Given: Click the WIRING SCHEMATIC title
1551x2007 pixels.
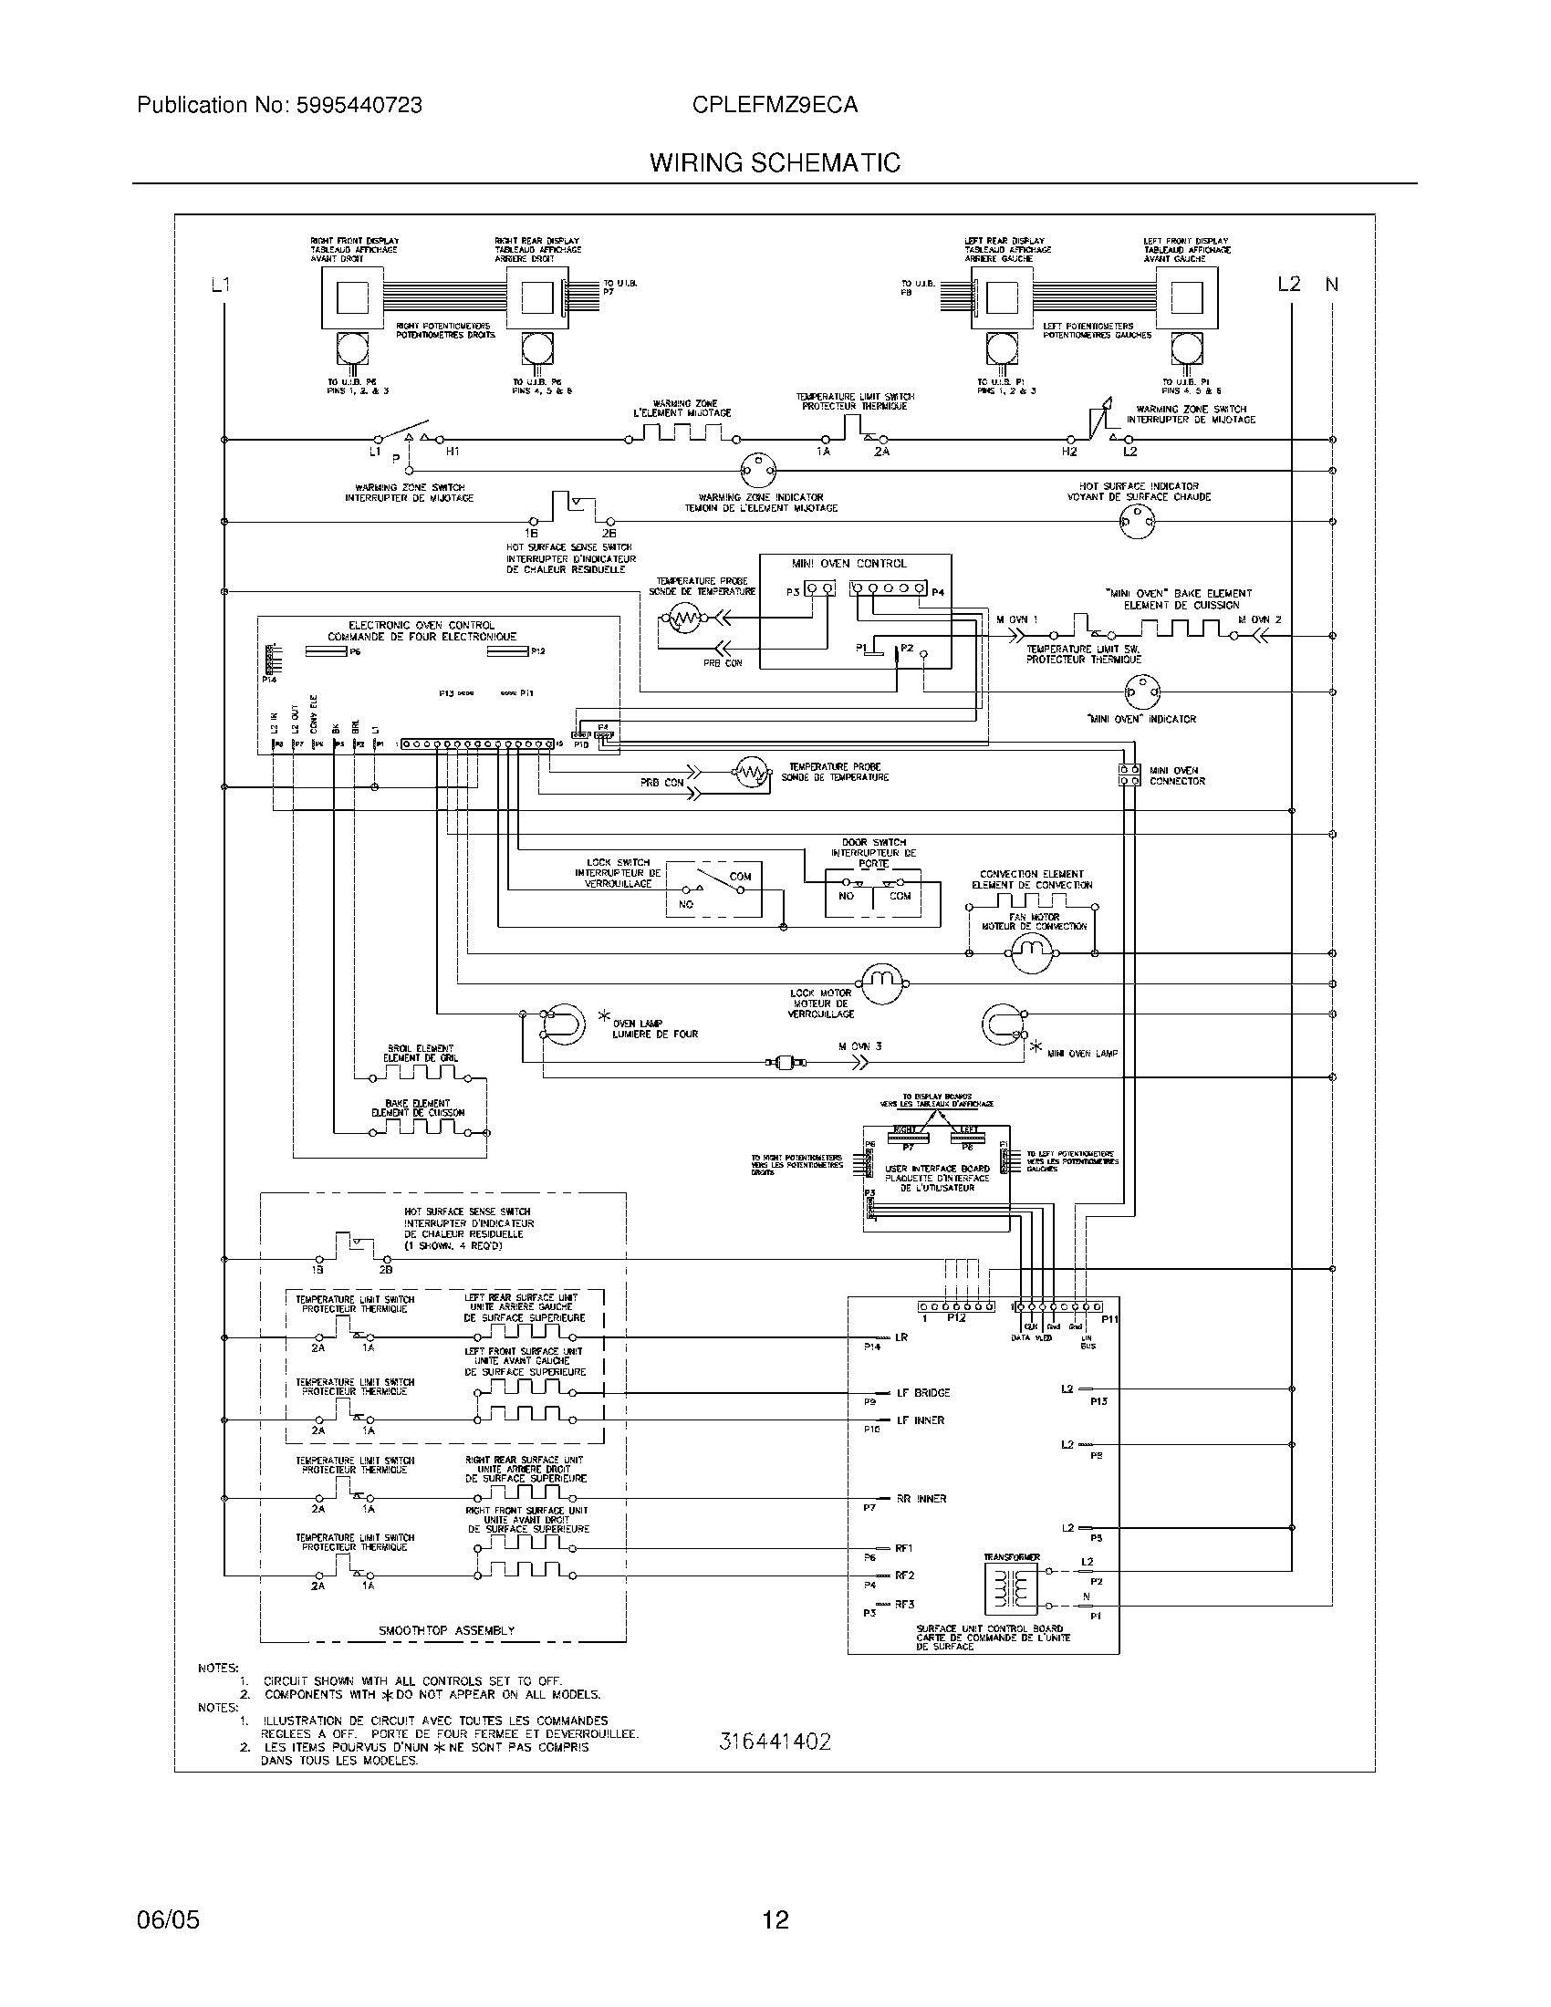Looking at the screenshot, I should [775, 162].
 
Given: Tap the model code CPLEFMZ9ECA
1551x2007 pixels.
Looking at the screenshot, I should [775, 105].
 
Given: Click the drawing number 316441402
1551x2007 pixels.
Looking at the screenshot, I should [775, 1742].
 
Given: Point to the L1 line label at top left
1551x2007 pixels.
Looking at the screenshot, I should [220, 285].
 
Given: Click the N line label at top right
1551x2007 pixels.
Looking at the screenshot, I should [1331, 285].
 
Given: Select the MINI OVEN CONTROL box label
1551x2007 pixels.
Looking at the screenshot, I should [848, 563].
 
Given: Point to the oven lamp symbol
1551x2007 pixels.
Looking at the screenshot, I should [560, 1024].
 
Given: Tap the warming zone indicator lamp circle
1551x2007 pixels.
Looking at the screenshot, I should [758, 471].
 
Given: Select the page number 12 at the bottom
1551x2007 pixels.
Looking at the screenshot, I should [775, 1912].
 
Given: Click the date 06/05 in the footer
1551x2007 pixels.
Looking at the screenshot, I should [167, 1912].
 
